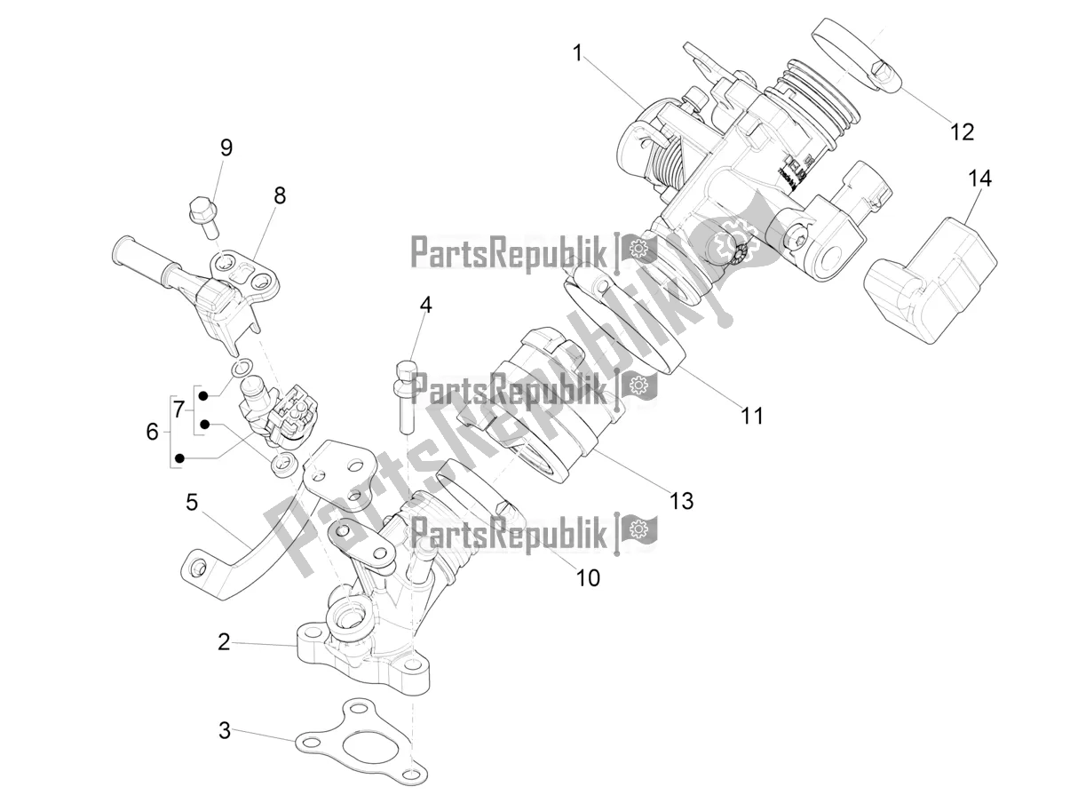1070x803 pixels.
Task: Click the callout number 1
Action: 577,54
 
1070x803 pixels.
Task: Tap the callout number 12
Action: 962,131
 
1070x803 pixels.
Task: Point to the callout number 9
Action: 226,147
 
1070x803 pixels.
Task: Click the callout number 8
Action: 280,195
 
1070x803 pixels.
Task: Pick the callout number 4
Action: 426,306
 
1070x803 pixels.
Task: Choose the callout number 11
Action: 752,415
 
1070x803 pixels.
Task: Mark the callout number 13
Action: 681,501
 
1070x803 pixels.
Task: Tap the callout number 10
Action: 588,577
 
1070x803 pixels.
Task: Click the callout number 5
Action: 191,503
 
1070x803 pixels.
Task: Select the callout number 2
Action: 224,641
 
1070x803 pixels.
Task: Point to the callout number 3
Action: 225,731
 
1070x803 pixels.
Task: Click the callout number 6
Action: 152,433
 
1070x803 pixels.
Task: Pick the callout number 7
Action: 178,410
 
